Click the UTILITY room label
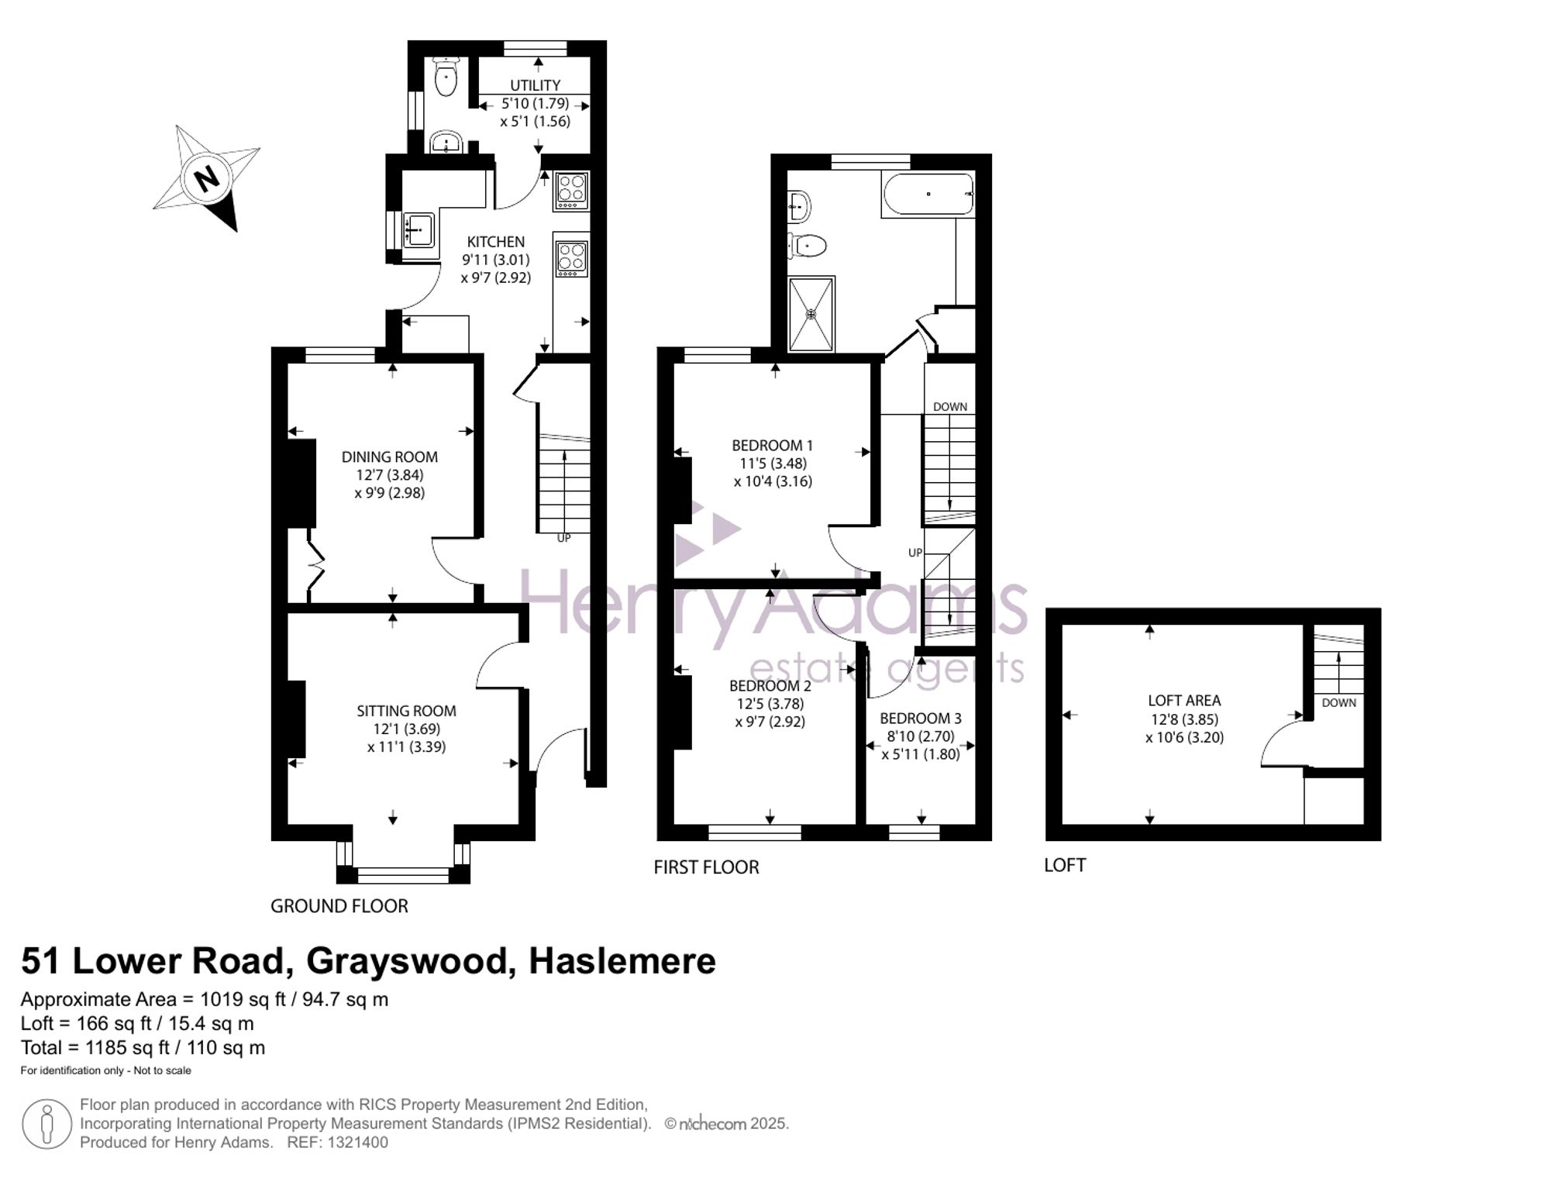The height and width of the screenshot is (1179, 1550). pos(535,85)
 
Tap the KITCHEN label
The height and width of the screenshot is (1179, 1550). pos(496,242)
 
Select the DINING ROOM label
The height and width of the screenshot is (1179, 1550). pos(390,457)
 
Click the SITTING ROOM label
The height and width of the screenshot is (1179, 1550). pos(406,711)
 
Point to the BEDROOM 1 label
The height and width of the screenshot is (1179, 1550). pos(773,446)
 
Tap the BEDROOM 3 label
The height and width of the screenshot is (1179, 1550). pos(921,719)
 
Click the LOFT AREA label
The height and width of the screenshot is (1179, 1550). pos(1184,701)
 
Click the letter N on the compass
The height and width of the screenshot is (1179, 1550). pos(206,179)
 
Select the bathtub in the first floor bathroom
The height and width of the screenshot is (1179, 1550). pos(928,195)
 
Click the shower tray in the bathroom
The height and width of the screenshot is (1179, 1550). pos(811,314)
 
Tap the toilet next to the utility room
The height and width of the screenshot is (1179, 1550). pos(446,78)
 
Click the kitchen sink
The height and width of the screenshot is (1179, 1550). pos(418,229)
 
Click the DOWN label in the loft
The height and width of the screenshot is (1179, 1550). pos(1338,703)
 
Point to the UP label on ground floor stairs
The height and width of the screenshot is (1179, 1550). pos(563,538)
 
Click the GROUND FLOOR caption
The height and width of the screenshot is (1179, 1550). pos(339,906)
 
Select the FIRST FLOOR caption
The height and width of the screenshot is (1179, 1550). pos(706,867)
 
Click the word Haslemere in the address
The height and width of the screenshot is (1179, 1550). pos(622,961)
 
